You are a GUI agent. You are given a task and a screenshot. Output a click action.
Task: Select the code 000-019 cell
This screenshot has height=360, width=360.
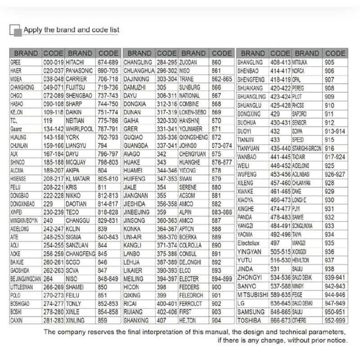[54, 62]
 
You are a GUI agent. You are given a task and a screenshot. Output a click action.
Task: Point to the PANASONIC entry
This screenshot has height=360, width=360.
[79, 71]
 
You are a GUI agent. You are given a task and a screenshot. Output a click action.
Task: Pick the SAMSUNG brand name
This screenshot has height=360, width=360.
[251, 312]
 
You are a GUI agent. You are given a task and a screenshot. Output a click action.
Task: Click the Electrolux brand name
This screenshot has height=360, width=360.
[249, 243]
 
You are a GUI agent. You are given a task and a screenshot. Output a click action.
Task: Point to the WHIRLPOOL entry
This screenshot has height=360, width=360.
[80, 129]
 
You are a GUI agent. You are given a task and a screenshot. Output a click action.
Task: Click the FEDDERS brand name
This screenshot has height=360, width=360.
[189, 287]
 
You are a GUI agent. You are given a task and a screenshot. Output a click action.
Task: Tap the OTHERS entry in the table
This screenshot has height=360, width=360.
[300, 321]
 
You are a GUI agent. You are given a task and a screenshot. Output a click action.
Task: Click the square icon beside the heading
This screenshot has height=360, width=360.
[16, 31]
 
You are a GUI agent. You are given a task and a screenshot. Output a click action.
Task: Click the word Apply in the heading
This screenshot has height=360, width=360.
[33, 30]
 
